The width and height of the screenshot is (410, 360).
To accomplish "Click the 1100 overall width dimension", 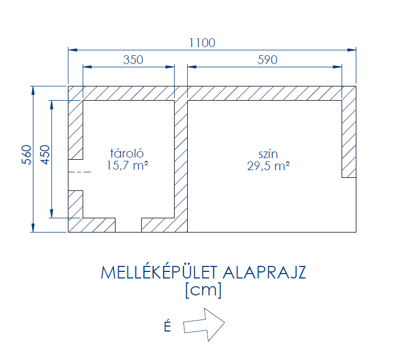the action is pos(202,43).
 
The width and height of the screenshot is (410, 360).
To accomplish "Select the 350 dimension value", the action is pos(133,60).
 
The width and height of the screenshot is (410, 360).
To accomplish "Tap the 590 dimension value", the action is pos(267,60).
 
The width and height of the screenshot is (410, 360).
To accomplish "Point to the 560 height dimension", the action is pos(26,155).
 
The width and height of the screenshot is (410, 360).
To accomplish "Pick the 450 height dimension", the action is pos(45,155).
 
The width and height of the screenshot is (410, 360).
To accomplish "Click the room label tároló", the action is pos(127,153).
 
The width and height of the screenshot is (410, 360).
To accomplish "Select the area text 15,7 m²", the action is pos(128,165).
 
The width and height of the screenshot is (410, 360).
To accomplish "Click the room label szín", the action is pos(268,154).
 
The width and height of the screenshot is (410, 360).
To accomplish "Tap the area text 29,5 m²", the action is pos(268,166).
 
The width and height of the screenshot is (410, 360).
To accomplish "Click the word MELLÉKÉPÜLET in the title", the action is pos(159,272).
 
